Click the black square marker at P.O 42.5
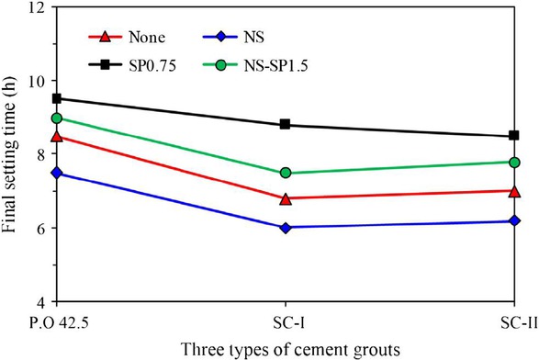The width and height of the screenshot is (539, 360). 57,98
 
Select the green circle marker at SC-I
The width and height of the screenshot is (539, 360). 286,173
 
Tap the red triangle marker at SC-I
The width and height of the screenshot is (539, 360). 286,198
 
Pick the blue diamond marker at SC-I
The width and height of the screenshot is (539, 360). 286,227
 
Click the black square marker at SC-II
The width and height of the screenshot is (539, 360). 514,136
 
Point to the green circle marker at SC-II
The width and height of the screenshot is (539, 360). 514,163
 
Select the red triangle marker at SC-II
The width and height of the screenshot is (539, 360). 514,191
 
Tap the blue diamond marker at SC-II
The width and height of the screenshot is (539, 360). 514,221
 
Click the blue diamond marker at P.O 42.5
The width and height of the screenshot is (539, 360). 57,173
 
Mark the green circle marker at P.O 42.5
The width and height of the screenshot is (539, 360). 57,118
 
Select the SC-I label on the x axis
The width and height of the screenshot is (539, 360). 286,322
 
